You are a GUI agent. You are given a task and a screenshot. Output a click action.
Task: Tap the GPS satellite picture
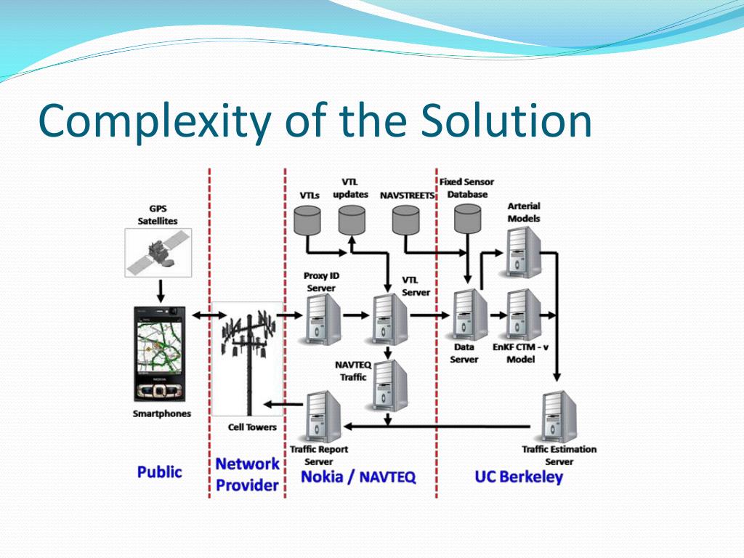click(x=158, y=253)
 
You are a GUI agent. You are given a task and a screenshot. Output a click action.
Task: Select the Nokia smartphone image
click(x=160, y=354)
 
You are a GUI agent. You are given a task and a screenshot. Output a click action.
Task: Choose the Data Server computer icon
click(x=469, y=315)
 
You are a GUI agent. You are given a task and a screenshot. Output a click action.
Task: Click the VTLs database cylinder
click(x=310, y=219)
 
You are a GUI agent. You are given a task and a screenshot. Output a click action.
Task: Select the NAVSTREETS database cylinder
click(x=405, y=219)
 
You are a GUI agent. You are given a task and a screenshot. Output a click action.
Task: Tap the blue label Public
click(x=159, y=472)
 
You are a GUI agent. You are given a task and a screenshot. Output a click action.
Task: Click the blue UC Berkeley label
click(x=518, y=477)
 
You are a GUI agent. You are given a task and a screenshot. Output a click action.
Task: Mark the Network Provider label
click(x=247, y=474)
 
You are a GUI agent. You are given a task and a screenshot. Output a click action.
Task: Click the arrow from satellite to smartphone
click(x=160, y=291)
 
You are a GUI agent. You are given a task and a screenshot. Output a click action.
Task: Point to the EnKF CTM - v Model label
click(x=520, y=353)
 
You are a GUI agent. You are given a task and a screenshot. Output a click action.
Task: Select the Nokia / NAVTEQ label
click(x=358, y=477)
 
